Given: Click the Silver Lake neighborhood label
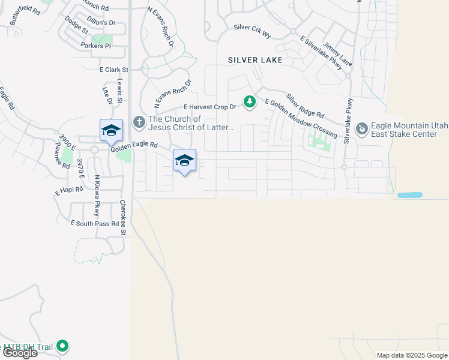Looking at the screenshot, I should [255, 60].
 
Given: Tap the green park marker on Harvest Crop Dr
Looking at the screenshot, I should [249, 103].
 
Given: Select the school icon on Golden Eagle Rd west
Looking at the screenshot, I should [111, 130].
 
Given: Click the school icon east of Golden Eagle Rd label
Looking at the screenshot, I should [184, 160].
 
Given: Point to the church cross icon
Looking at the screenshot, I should [139, 122].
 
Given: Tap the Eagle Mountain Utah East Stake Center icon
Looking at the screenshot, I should [362, 129].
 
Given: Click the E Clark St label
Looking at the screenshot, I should [113, 70].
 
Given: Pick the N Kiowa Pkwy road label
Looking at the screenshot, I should [96, 196].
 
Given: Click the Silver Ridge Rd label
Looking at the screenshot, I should [305, 106].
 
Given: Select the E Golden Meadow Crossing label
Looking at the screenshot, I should [300, 119].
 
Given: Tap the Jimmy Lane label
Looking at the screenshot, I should [337, 54].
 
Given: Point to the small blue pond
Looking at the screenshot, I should [410, 195].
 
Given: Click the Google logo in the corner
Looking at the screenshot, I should [19, 353].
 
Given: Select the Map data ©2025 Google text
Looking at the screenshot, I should [412, 355].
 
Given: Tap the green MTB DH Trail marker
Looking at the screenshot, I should [62, 346].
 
